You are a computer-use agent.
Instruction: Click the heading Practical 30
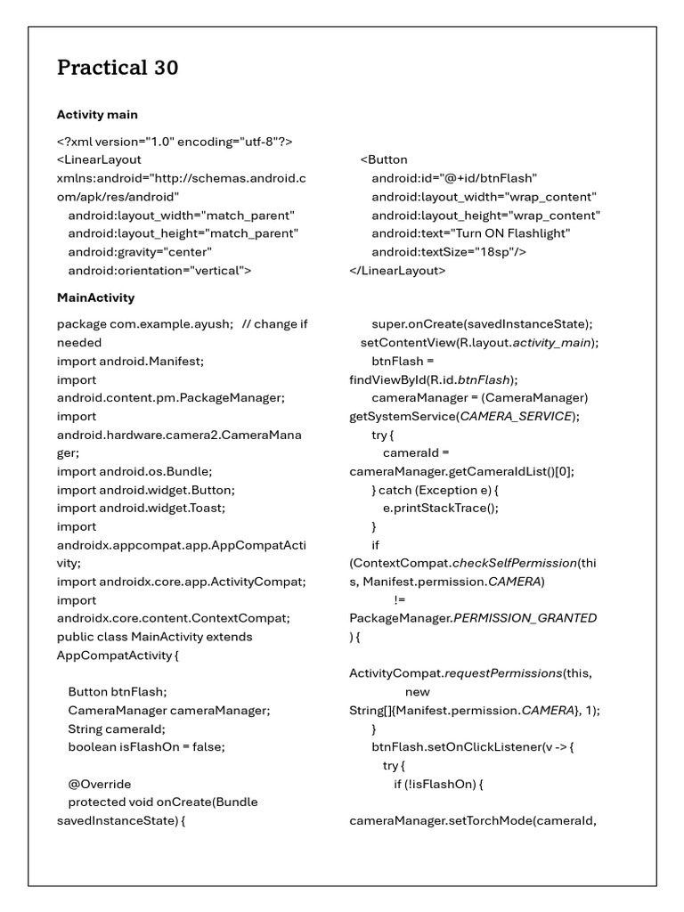coord(118,68)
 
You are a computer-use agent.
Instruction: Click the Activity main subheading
coord(97,115)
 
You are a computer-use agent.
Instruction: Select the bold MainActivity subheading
coord(95,297)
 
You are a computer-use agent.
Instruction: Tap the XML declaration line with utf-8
coord(175,142)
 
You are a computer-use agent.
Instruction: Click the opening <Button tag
coord(384,159)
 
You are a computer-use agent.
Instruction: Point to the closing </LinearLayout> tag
coord(397,270)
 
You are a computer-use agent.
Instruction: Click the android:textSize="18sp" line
coord(449,252)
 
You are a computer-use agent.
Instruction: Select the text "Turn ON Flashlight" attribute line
coord(471,233)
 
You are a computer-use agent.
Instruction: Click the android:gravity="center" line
coord(140,252)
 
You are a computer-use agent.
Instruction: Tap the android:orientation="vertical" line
coord(159,270)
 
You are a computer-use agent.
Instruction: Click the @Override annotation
coord(100,784)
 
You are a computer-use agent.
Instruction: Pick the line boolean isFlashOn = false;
coord(146,747)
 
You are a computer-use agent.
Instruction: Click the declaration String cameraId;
coord(116,729)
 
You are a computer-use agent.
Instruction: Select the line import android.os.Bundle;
coord(134,471)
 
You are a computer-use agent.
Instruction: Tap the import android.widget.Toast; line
coord(141,508)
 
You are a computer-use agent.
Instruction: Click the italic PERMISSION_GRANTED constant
coord(525,618)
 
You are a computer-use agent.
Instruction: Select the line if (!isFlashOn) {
coord(438,784)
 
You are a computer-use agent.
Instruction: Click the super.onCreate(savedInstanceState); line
coord(482,325)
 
